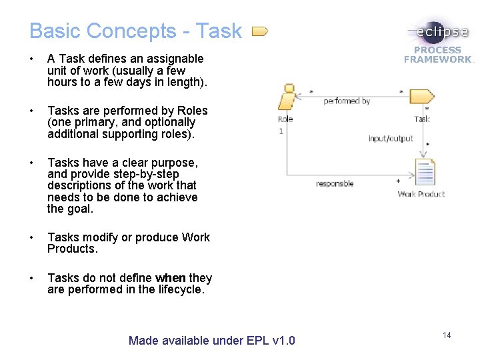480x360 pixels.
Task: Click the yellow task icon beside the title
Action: pos(260,31)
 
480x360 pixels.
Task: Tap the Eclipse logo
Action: pos(438,32)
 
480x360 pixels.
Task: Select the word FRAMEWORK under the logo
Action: pos(437,59)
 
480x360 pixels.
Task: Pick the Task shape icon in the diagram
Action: pos(421,97)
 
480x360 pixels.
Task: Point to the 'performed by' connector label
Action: pos(347,101)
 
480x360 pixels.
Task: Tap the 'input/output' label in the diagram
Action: pos(391,139)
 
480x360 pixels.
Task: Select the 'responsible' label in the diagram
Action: pos(335,183)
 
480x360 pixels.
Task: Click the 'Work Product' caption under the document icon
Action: pos(421,194)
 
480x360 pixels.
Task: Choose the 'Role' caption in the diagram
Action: pos(285,119)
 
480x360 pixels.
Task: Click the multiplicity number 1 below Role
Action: pos(281,131)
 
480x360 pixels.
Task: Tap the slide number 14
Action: pos(447,335)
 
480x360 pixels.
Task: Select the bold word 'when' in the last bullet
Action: pos(170,278)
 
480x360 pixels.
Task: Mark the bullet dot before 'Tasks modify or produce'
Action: pos(32,237)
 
